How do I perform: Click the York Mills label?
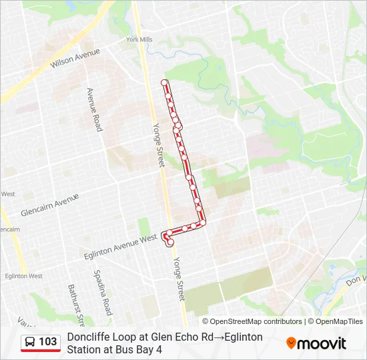(x=139, y=40)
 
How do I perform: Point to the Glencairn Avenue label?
(x=49, y=203)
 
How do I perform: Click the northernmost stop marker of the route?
(x=164, y=83)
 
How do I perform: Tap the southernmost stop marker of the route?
(x=170, y=243)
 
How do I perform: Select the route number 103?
(x=48, y=342)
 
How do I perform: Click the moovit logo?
(x=316, y=343)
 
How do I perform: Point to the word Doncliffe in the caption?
(x=88, y=337)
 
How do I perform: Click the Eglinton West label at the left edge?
(x=23, y=275)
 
